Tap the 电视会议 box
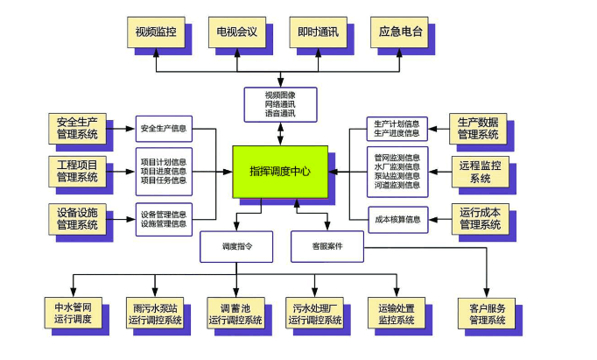tap(236, 33)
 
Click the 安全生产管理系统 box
tap(78, 129)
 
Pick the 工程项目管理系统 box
tap(78, 172)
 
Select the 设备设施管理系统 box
tap(78, 218)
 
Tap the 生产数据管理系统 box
tap(479, 128)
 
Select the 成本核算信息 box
tap(397, 219)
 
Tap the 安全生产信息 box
tap(164, 129)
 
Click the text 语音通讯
tap(280, 114)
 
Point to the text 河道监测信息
tap(397, 186)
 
